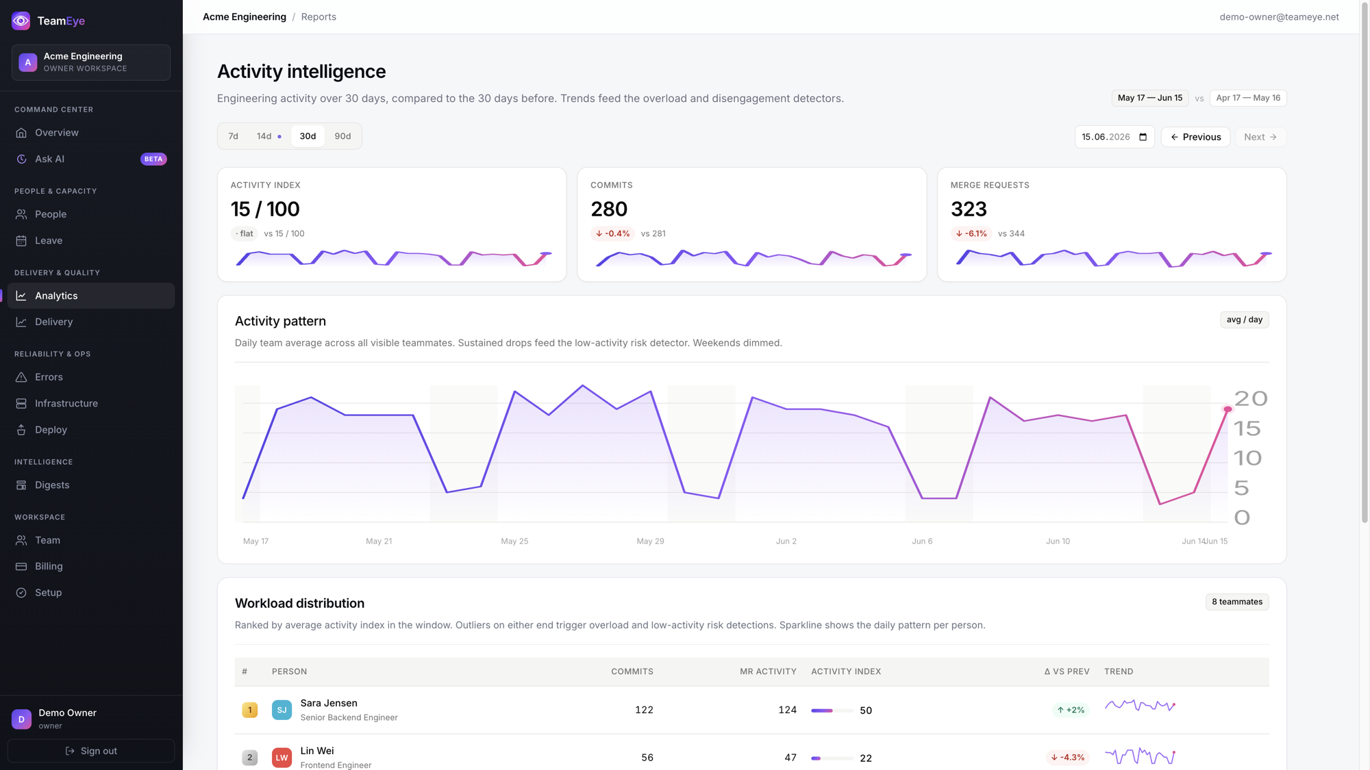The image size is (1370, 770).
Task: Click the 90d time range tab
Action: coord(342,136)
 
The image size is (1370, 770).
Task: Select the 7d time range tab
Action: coord(233,136)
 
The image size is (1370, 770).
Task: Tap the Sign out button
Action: coord(91,751)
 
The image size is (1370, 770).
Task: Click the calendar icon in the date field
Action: coord(1143,137)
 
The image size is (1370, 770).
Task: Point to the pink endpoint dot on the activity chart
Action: coord(1228,409)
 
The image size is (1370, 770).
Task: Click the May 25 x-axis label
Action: coord(514,541)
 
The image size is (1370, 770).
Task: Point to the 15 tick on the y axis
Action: coord(1247,428)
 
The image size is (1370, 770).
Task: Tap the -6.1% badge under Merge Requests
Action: coord(971,233)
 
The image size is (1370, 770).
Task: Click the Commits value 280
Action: coord(609,209)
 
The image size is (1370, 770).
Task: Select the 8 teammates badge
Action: coord(1237,602)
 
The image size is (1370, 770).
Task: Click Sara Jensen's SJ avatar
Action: coord(282,710)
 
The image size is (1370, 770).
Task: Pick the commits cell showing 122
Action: coord(644,710)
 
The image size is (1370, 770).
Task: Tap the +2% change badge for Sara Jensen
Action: coord(1070,710)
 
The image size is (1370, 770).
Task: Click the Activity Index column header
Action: coord(846,671)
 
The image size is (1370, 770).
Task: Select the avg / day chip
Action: coord(1244,320)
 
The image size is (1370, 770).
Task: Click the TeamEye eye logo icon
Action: coord(21,21)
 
